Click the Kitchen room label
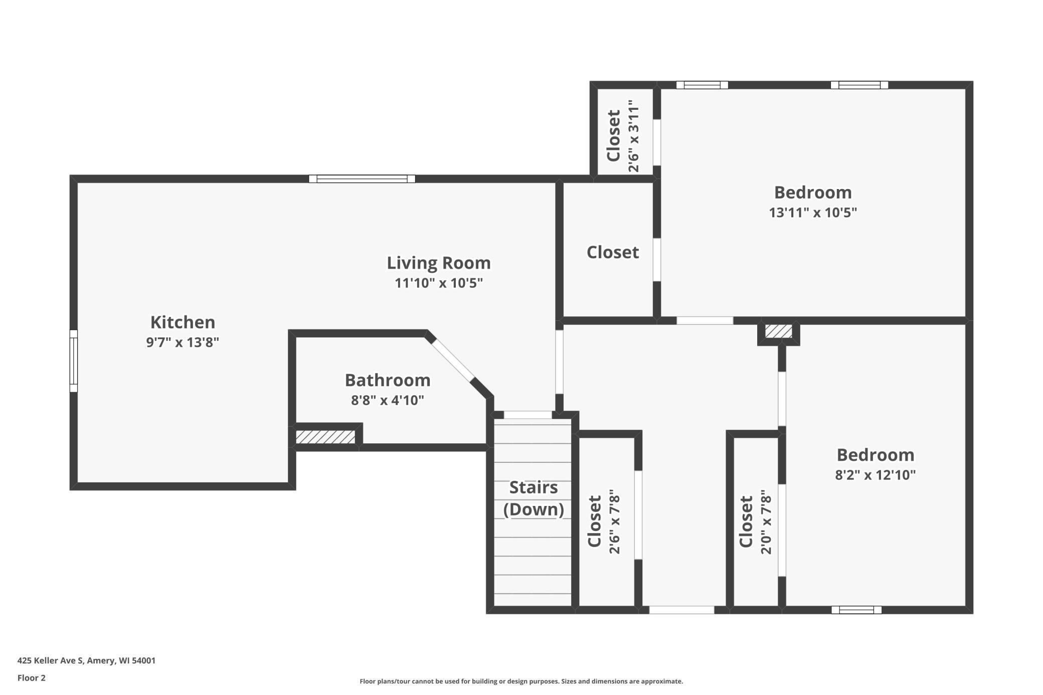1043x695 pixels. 183,322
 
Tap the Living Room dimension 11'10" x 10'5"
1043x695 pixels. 438,283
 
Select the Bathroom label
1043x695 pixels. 388,380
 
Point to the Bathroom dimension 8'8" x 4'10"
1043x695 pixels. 388,400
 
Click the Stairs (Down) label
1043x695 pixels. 534,498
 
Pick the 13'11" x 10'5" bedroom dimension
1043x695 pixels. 813,213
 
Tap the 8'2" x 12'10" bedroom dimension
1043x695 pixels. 875,475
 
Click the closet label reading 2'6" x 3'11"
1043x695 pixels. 634,136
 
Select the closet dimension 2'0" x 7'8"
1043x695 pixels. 766,522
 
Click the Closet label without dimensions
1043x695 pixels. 613,252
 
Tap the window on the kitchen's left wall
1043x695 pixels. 74,361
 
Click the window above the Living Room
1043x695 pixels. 362,179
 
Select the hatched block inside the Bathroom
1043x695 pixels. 325,437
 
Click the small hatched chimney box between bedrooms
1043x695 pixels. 778,331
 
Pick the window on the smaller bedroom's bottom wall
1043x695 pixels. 856,610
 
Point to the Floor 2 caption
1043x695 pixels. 32,678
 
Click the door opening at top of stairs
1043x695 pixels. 528,415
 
